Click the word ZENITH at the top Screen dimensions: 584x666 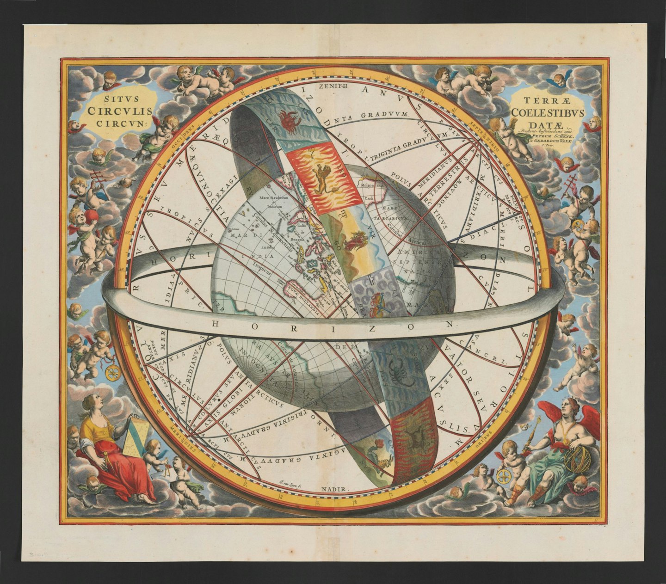(330, 86)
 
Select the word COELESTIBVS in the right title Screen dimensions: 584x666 (548, 113)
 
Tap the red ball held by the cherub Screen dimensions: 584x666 (92, 216)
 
